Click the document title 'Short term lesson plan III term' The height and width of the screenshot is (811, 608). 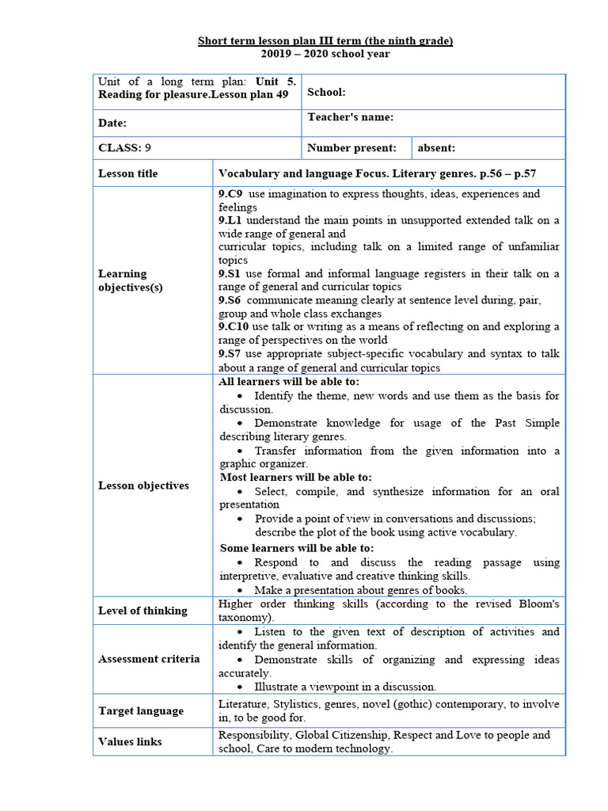(x=325, y=41)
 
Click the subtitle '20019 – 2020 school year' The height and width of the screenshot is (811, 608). (x=325, y=54)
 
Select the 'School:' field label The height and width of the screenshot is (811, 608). (x=326, y=93)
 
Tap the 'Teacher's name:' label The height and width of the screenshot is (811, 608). (x=350, y=117)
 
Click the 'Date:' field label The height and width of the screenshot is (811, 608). (x=112, y=124)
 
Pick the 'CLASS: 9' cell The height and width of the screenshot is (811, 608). (x=124, y=147)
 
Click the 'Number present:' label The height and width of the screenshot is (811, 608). (x=351, y=147)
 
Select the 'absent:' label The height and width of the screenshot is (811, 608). (x=436, y=147)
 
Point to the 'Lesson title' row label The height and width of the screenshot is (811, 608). (x=127, y=173)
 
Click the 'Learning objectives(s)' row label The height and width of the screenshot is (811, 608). (x=131, y=280)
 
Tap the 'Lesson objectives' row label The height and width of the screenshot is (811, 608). (x=143, y=485)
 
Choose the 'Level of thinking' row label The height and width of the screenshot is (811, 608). (x=142, y=611)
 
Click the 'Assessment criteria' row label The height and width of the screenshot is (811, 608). (x=149, y=659)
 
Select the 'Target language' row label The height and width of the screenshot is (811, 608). (x=140, y=711)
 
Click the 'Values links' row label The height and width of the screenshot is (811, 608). (x=130, y=742)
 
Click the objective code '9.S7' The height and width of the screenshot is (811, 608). (x=230, y=354)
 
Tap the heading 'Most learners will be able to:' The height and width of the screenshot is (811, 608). (x=295, y=478)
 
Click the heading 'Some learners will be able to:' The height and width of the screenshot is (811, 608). (x=297, y=548)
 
